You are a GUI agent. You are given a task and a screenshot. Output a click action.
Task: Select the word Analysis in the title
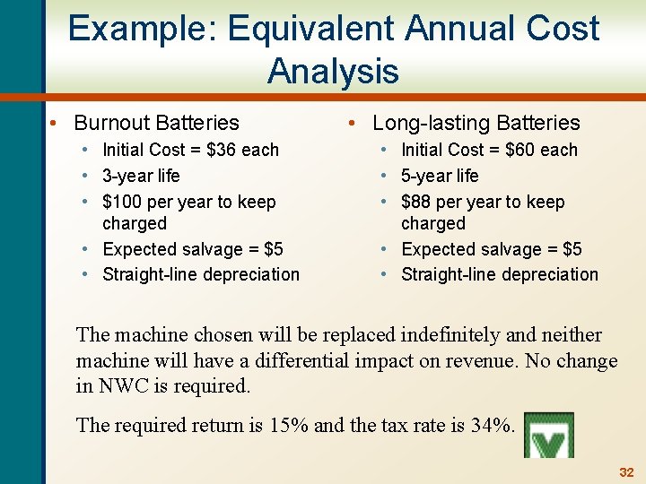333,70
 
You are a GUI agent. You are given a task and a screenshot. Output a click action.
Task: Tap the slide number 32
626,471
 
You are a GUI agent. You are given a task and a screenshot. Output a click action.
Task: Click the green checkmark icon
548,436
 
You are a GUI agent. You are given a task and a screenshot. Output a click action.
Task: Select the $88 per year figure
418,202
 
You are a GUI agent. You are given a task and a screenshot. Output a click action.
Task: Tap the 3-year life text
141,176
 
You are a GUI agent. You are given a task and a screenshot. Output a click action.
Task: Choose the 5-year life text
440,176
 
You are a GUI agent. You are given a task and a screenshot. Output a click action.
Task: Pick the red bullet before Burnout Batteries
56,123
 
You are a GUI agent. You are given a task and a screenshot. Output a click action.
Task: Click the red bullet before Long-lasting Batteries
354,123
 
